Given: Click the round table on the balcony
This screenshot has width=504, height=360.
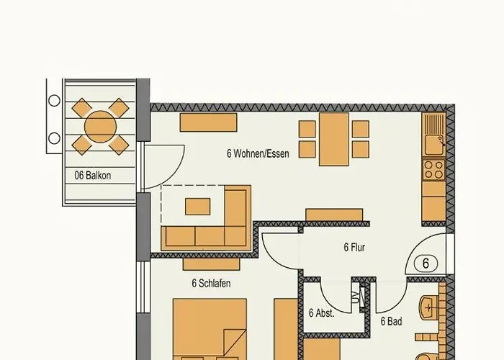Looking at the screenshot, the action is click(x=100, y=127).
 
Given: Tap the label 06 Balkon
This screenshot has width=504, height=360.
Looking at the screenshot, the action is click(x=93, y=176).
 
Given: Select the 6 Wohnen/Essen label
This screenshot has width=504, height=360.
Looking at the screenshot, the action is click(x=258, y=153).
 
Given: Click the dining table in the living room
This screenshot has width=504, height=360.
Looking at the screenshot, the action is click(x=333, y=139).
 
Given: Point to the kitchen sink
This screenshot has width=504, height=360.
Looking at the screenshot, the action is click(x=433, y=145).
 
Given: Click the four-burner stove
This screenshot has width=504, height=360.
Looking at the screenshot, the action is click(x=433, y=170).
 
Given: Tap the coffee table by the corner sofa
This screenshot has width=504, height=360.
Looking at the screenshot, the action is click(x=198, y=207).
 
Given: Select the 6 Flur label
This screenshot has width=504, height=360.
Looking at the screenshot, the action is click(x=354, y=248).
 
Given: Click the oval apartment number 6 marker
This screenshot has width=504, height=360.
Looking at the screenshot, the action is click(x=426, y=264).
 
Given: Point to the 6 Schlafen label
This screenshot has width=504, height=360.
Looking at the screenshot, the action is click(x=211, y=284).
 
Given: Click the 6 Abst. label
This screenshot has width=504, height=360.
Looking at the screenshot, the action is click(x=321, y=313).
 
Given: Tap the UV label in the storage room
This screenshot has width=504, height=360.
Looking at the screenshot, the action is click(x=355, y=297).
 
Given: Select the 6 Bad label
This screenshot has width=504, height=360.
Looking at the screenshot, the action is click(x=391, y=321).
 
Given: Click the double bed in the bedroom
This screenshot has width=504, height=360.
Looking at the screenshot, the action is click(x=210, y=330).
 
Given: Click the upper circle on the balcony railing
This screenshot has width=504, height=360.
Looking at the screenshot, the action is click(x=54, y=101).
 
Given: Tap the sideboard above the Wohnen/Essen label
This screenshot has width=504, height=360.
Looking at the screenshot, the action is click(x=208, y=122).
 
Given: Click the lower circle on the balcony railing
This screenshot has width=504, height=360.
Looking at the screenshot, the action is click(x=54, y=138).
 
